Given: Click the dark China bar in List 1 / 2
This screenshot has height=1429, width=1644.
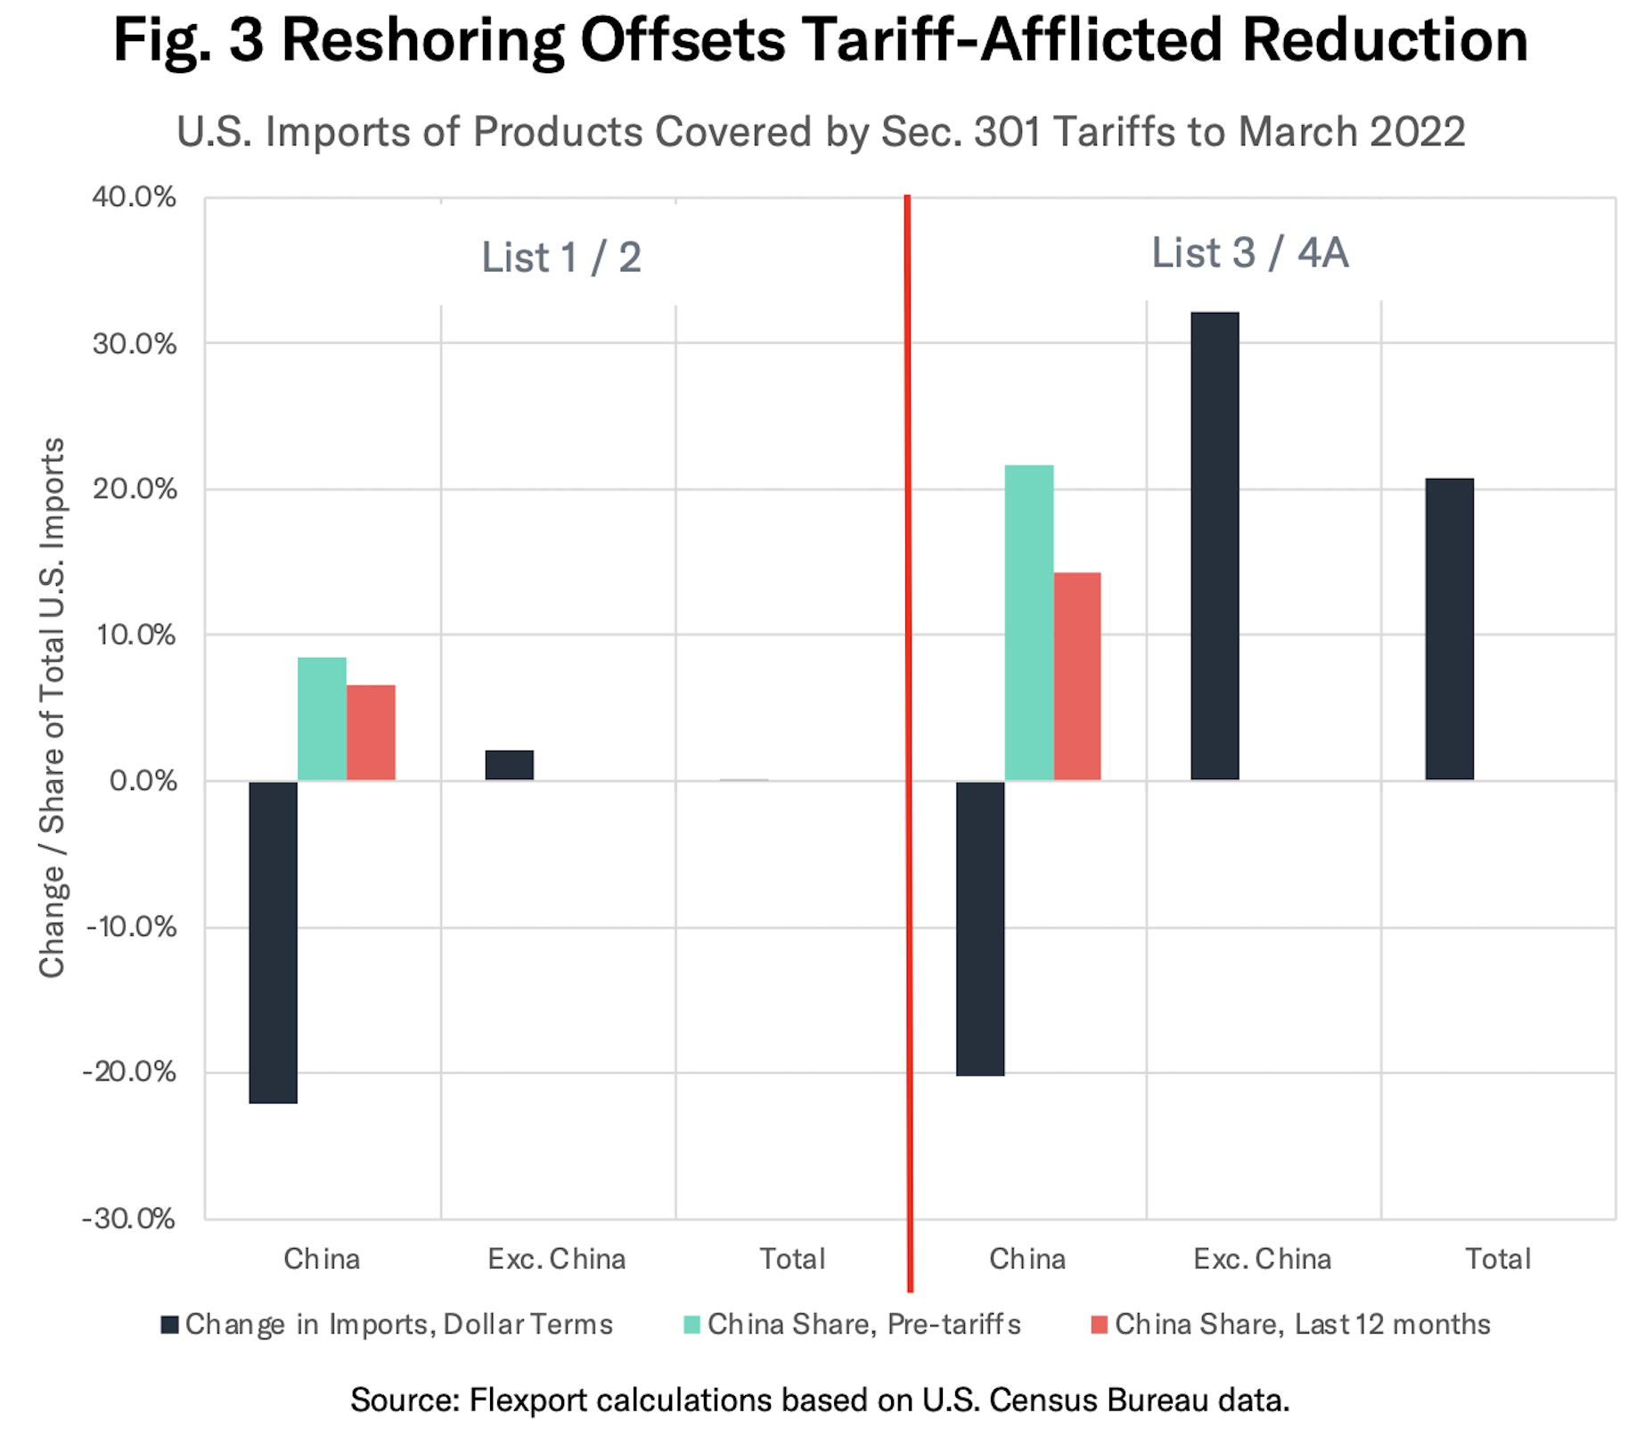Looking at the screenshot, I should [274, 941].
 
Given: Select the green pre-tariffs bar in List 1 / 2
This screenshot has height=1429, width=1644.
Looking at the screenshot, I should [322, 719].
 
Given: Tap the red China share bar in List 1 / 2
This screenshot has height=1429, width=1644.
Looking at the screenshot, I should [371, 733].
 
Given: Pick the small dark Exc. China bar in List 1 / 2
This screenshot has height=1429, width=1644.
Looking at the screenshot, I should [510, 765].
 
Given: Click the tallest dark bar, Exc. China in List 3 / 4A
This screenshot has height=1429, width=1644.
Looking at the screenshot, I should [1215, 546].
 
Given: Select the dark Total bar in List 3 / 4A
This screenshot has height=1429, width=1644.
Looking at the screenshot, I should [1449, 629].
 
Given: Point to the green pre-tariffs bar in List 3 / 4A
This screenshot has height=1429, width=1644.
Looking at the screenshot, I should [1028, 622].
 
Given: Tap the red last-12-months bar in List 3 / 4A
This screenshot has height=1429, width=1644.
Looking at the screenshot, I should [1077, 676].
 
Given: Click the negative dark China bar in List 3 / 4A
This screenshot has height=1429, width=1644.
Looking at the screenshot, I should [980, 928].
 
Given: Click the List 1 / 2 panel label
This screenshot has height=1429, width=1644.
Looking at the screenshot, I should [561, 258].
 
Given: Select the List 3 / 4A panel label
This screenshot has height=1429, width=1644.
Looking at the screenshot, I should [1249, 253].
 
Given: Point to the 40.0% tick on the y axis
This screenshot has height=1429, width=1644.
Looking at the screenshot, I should [134, 197].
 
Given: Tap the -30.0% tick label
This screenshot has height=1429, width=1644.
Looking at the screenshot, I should [129, 1219].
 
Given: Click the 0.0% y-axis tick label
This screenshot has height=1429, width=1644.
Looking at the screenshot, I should [143, 781].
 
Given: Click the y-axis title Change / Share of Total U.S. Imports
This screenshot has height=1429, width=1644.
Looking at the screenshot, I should [53, 708].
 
